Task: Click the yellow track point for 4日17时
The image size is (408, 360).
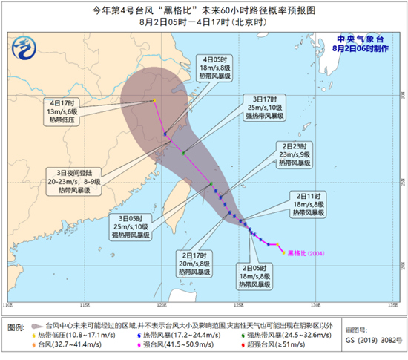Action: coord(154,101)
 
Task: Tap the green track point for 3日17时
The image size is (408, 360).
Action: coord(182,152)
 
